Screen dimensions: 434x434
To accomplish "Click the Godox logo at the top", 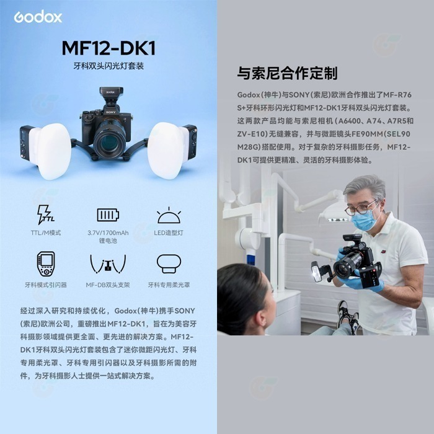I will pos(38,17).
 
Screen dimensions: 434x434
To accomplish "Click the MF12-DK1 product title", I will pos(108,48).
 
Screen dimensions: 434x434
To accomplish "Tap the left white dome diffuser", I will pos(50,151).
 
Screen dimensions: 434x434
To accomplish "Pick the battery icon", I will pos(108,215).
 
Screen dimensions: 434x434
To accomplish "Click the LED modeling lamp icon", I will pos(168,215).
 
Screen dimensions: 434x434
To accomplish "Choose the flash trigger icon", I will pos(46,263).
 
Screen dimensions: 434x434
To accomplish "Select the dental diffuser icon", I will pos(168,263).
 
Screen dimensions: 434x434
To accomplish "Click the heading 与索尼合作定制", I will pos(287,73).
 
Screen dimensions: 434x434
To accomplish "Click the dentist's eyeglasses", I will pos(361,206).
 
